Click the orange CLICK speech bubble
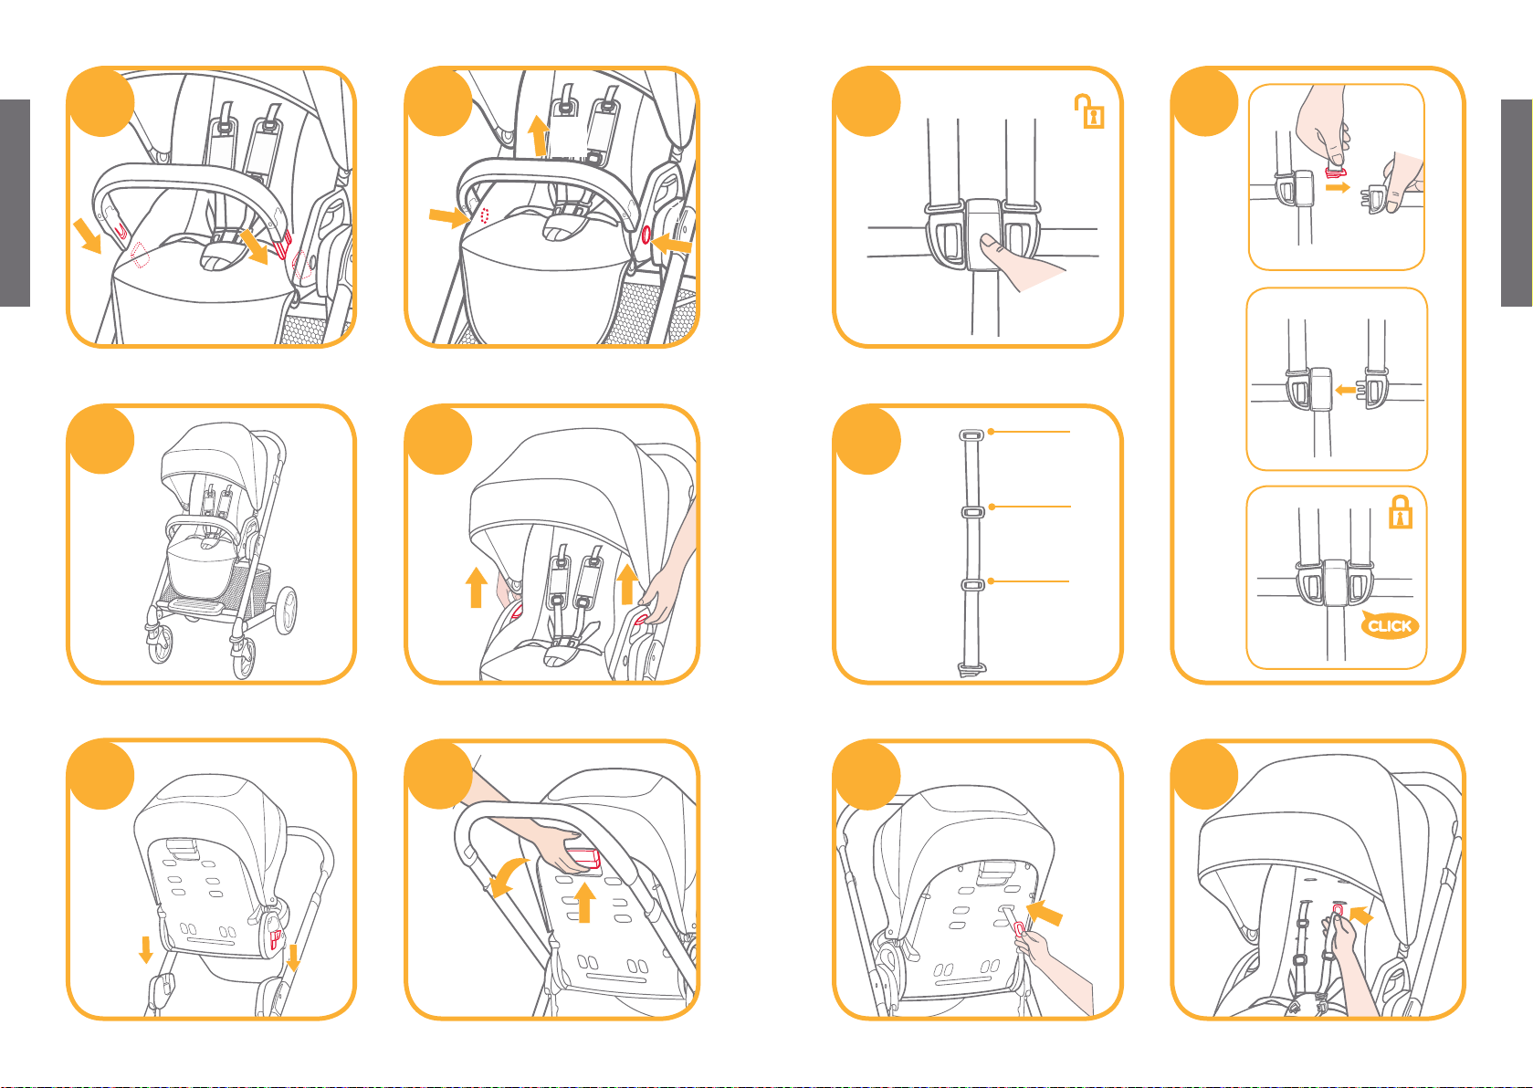click(1390, 624)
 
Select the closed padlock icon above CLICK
click(1401, 512)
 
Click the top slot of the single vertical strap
click(971, 434)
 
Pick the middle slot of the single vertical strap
click(972, 511)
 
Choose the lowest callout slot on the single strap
click(972, 584)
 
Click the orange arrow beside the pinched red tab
click(1338, 187)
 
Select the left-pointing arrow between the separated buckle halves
click(1346, 390)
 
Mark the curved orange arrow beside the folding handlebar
click(508, 877)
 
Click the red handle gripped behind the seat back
click(583, 859)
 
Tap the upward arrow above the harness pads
click(540, 135)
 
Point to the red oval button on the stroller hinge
click(646, 235)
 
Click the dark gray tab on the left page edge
click(15, 203)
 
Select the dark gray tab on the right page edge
click(1517, 203)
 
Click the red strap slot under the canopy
click(1338, 910)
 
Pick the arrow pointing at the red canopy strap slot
click(1361, 915)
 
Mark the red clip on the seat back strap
click(1019, 928)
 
